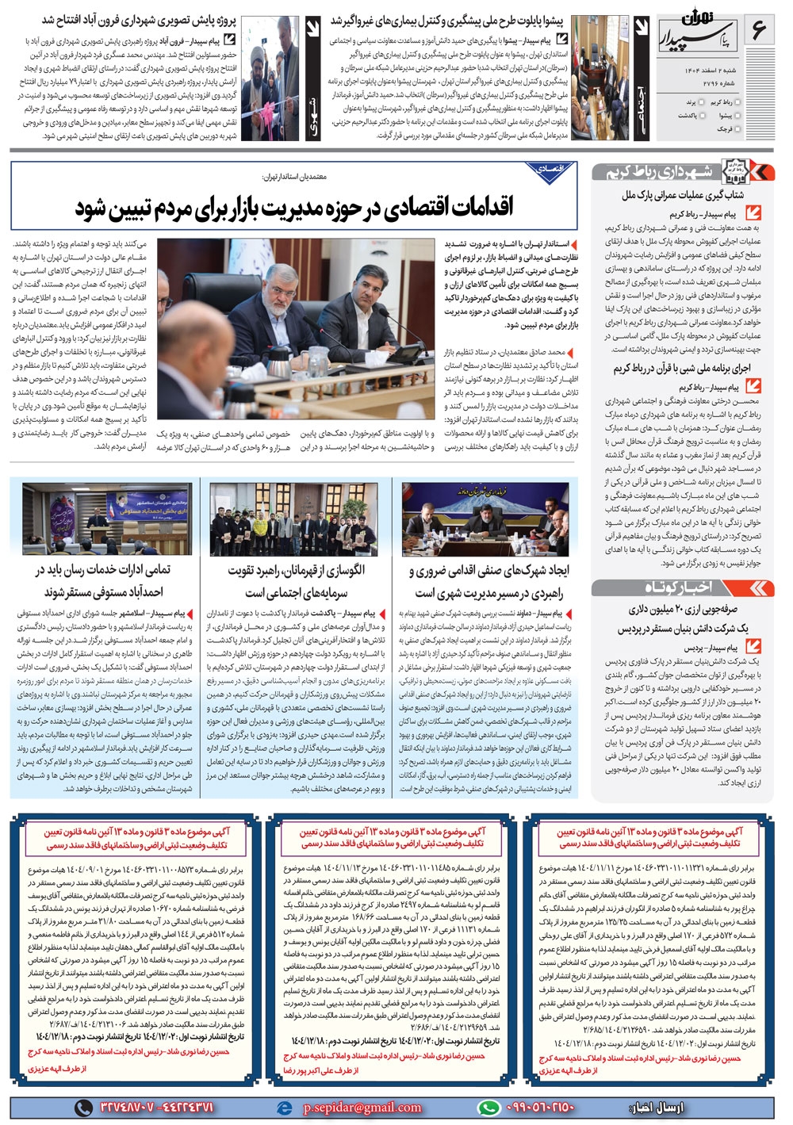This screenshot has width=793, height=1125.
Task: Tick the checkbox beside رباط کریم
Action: pos(740,102)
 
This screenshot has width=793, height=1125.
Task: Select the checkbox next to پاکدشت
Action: pos(703,115)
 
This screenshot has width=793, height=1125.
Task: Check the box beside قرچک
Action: pos(740,128)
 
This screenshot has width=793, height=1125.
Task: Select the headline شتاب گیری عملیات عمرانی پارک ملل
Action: pos(683,194)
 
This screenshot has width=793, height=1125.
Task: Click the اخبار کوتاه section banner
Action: pos(681,587)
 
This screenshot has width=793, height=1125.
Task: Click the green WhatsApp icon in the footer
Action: pos(488,1108)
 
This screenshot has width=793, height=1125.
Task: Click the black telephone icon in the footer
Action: pos(83,1108)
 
